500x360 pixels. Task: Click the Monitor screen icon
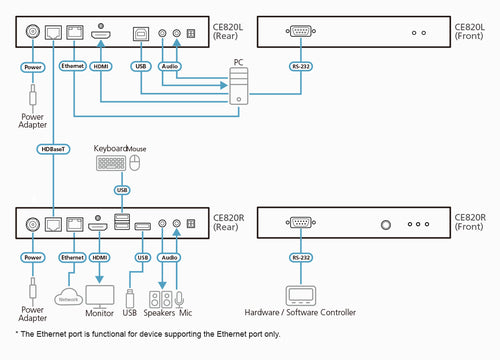click(x=101, y=297)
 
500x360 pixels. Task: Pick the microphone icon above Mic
click(x=180, y=299)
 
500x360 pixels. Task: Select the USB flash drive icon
click(x=131, y=298)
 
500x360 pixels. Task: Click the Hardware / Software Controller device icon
click(x=300, y=297)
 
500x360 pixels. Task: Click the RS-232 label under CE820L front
click(x=299, y=68)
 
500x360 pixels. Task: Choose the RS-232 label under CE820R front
click(x=299, y=257)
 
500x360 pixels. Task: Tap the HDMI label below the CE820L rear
click(x=101, y=68)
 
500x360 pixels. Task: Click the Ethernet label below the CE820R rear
click(x=73, y=257)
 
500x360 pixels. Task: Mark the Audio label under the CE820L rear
click(x=170, y=68)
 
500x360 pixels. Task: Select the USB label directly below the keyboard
click(x=123, y=189)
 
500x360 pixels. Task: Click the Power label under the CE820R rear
click(x=33, y=257)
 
